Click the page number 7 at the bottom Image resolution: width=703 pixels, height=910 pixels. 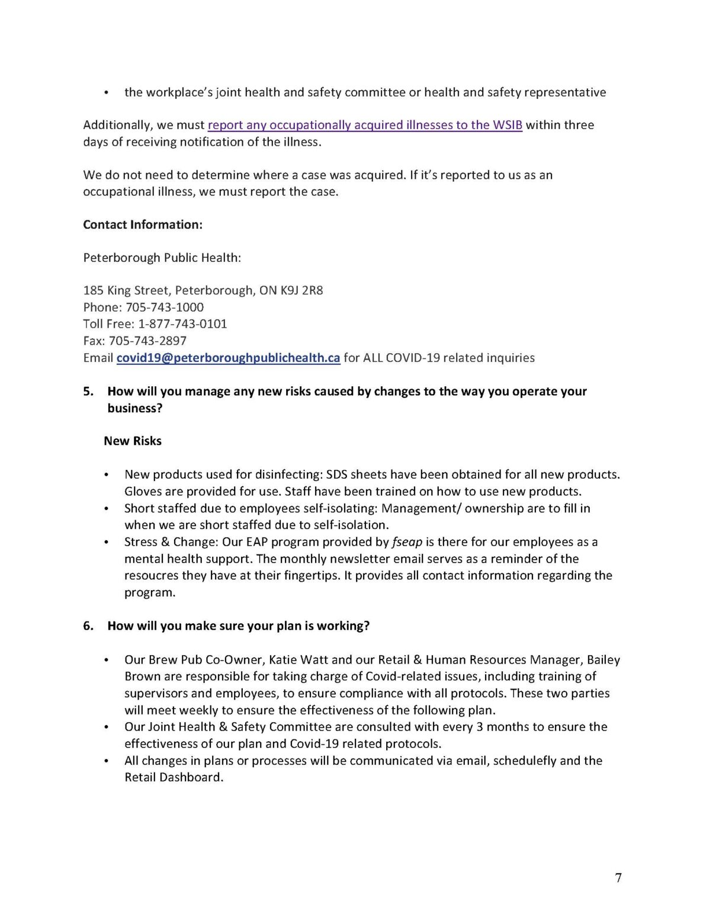(x=618, y=877)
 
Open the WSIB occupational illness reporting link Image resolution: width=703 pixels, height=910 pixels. (x=365, y=125)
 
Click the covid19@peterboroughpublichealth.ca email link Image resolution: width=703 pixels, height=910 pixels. (x=228, y=358)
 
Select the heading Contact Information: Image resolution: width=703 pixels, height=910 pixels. (x=143, y=225)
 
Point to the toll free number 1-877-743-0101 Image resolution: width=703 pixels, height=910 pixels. (x=182, y=324)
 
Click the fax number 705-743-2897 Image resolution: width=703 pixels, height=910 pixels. (x=148, y=341)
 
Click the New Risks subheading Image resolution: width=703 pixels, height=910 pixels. (x=133, y=441)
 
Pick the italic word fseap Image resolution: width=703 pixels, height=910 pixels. (x=407, y=542)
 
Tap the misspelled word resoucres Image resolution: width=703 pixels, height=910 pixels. (x=151, y=575)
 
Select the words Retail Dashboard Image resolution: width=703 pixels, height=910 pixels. (x=173, y=777)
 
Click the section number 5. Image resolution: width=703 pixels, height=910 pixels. (x=88, y=392)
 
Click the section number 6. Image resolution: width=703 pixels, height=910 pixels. (x=88, y=626)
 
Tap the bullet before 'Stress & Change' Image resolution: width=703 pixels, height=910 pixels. (x=106, y=543)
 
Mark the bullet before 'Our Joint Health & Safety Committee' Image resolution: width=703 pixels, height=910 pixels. (x=106, y=728)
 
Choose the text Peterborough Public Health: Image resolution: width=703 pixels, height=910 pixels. (x=162, y=258)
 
